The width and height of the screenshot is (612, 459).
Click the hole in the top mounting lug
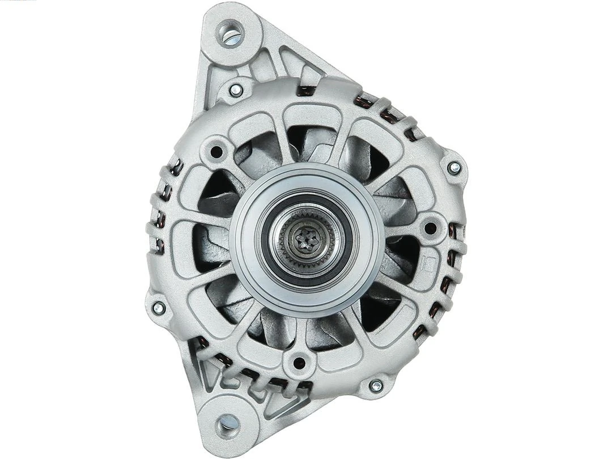click(x=231, y=33)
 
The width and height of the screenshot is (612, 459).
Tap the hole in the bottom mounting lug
click(x=228, y=422)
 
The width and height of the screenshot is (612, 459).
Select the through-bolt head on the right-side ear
click(x=454, y=167)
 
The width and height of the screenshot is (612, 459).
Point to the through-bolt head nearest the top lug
click(x=236, y=90)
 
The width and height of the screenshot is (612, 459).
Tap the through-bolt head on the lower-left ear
click(x=159, y=308)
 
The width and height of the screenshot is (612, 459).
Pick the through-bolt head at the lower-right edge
click(x=375, y=386)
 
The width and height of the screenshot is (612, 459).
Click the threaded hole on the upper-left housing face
click(x=216, y=151)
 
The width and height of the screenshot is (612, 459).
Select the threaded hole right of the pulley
click(x=430, y=228)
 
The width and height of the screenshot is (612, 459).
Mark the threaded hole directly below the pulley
click(x=300, y=363)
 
